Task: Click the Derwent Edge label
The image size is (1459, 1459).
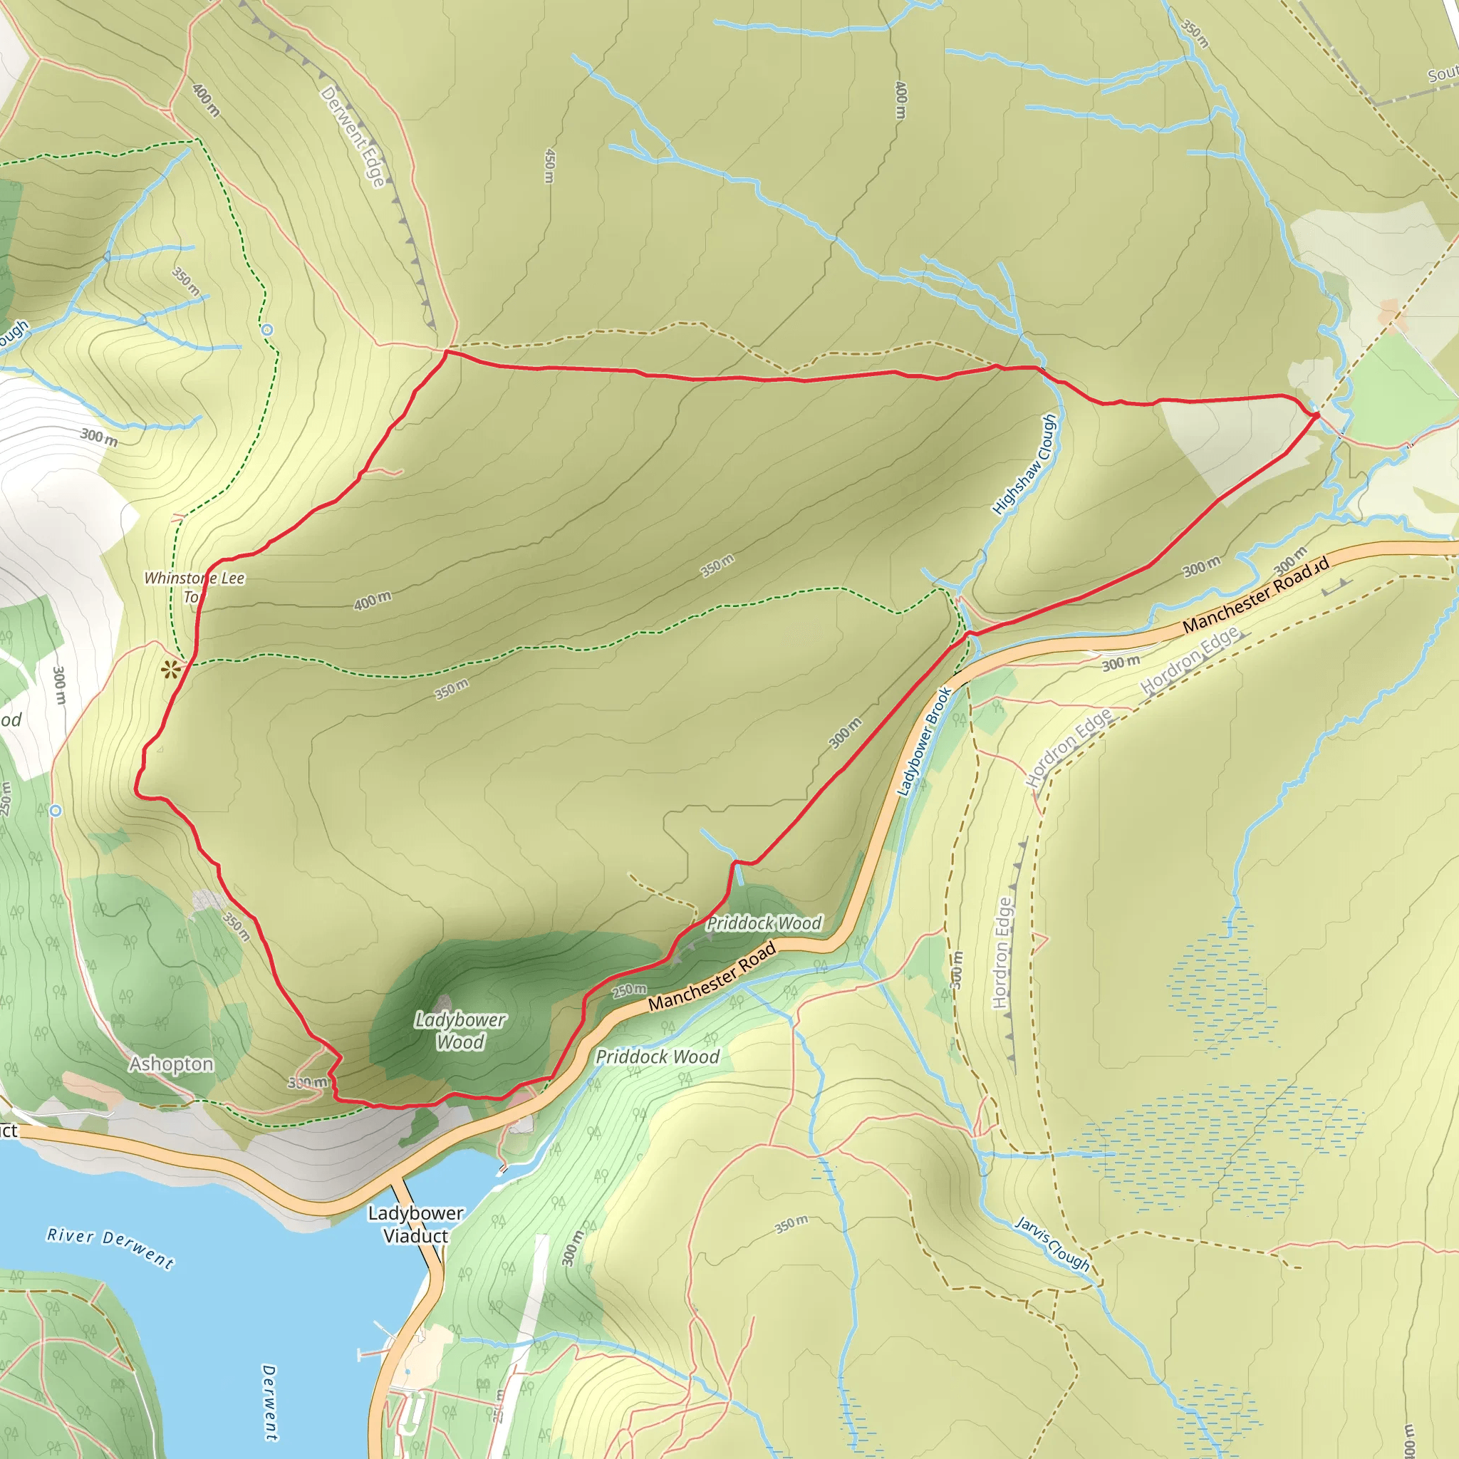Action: [353, 137]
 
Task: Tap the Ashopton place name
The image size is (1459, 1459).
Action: [172, 1064]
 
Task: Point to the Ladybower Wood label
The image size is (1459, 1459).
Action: [460, 1031]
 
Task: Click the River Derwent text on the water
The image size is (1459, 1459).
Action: [110, 1247]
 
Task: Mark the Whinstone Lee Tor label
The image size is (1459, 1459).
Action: [194, 588]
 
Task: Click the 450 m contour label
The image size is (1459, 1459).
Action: [550, 165]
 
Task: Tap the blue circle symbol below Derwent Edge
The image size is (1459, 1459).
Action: [266, 330]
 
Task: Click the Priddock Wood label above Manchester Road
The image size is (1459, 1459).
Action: [764, 923]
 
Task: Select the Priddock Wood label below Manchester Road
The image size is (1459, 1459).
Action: [657, 1057]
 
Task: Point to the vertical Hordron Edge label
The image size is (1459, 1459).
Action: [1002, 953]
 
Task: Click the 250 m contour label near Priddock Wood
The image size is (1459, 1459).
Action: [629, 990]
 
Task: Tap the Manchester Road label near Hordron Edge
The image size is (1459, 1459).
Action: [1255, 595]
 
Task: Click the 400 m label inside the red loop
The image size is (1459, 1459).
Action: [373, 601]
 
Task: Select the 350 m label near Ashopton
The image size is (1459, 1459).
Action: [237, 926]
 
